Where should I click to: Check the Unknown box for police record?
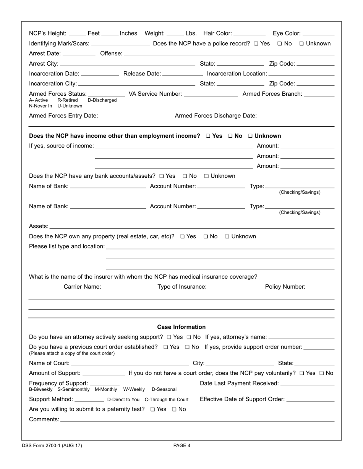pos(301,44)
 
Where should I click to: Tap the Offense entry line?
pos(229,54)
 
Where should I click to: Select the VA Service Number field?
pos(211,94)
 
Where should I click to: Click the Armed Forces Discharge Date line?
pos(296,116)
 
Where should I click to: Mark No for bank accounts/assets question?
pos(185,176)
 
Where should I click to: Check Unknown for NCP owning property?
pos(227,237)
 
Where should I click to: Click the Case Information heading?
pos(181,327)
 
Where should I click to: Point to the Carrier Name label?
pos(82,287)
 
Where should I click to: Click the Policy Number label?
pos(285,287)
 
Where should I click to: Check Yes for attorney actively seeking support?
pos(169,337)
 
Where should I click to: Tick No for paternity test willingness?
pos(174,410)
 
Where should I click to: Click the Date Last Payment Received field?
pos(307,384)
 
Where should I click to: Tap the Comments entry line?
pos(197,420)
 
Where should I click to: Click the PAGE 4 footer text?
pos(181,445)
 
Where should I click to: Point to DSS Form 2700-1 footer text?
pos(52,445)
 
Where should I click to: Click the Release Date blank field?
pos(183,74)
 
